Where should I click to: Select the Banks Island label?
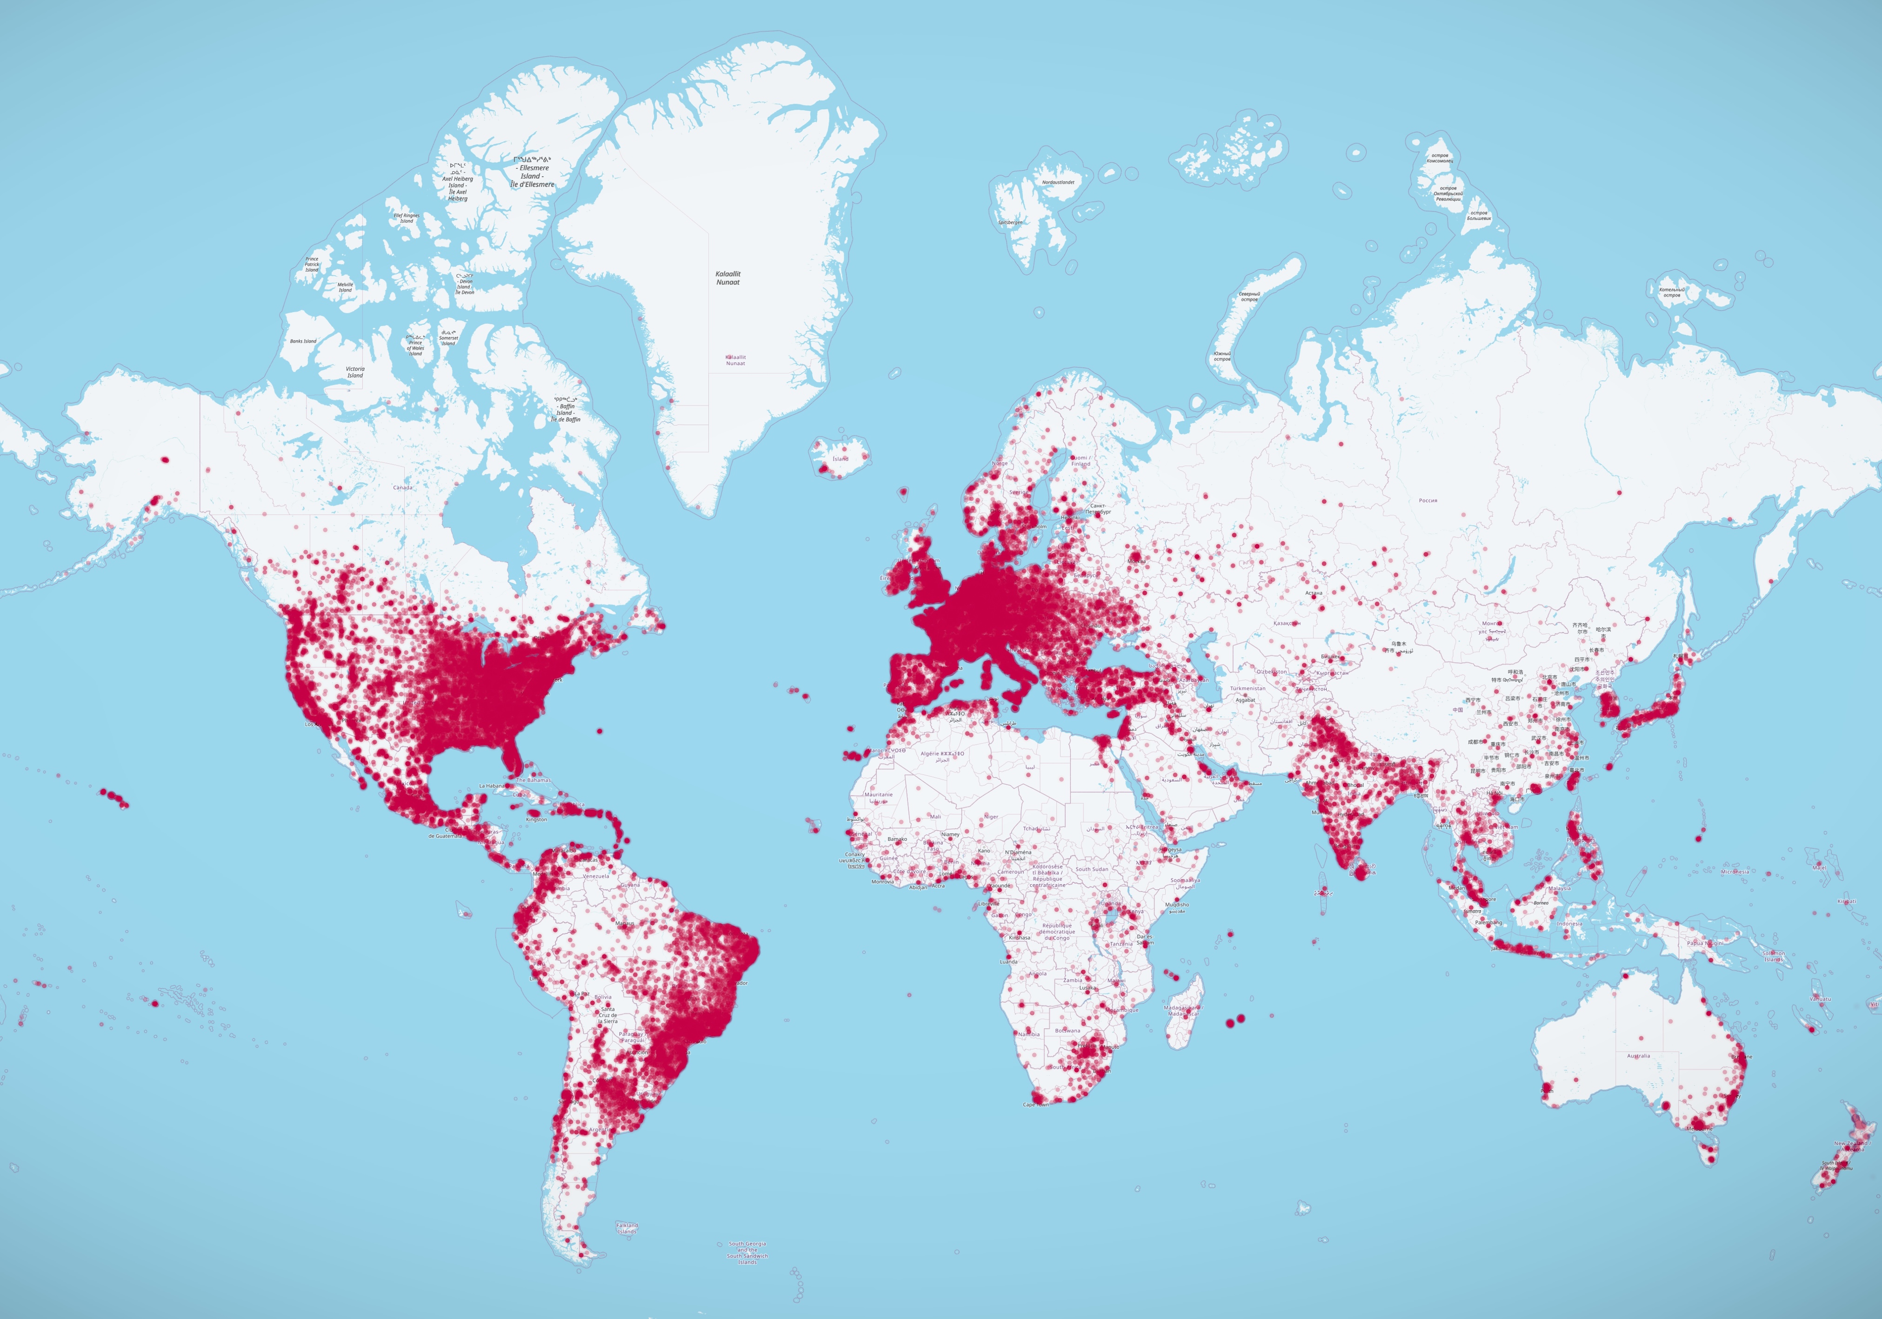[303, 341]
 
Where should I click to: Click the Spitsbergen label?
[1010, 222]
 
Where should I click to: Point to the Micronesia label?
[1735, 872]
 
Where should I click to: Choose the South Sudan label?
[1092, 869]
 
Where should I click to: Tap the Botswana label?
[1067, 1031]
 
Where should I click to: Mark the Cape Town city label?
[1035, 1104]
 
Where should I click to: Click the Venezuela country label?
[596, 875]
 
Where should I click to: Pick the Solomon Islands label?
[1773, 956]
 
